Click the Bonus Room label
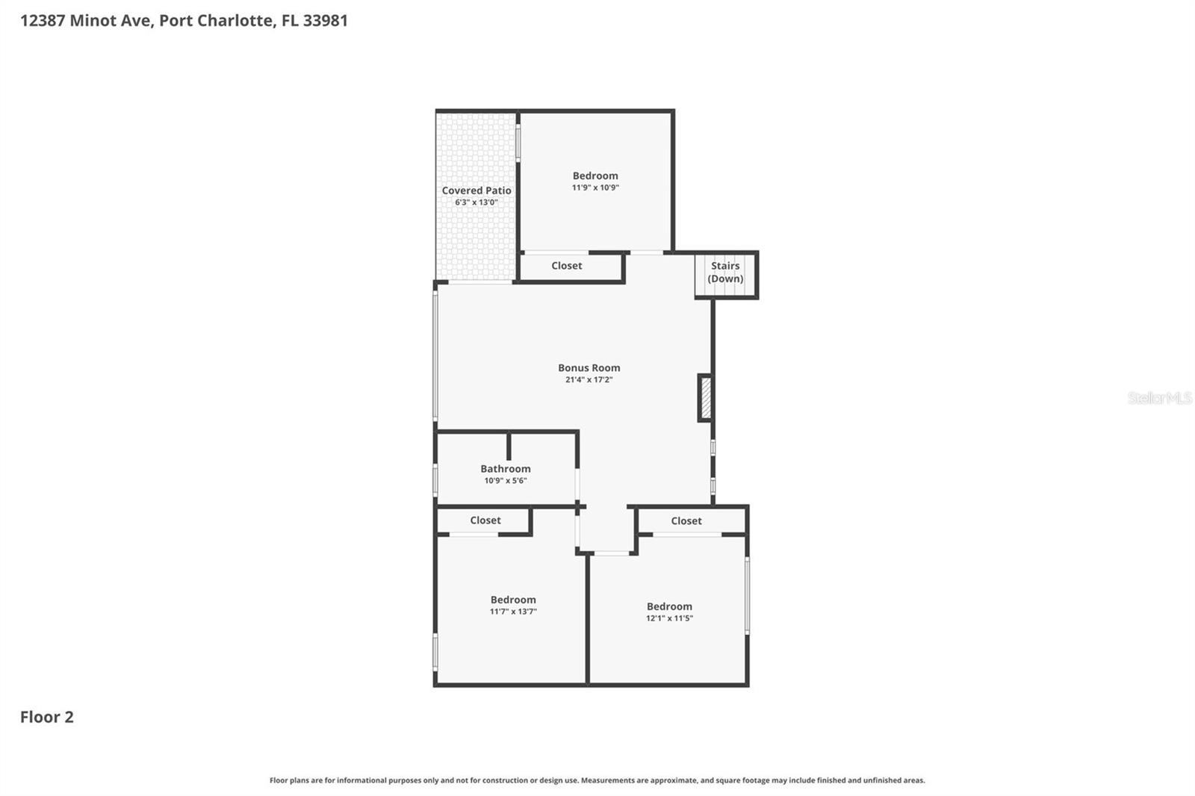coord(589,367)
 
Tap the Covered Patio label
coord(476,190)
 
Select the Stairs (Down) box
coord(725,273)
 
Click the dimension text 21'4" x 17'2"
coord(589,379)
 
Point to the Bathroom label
coord(505,469)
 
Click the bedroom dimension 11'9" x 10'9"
coord(595,187)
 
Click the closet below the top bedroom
coord(566,266)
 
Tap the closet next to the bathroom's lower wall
coord(485,520)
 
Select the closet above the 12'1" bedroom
coord(686,521)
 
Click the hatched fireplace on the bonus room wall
coord(705,398)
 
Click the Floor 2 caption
coord(46,717)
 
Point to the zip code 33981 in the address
coord(325,20)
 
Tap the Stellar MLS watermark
coord(1158,398)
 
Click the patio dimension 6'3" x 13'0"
coord(476,202)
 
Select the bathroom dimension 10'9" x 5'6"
coord(505,481)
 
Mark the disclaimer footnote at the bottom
coord(597,780)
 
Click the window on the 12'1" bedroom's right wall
coord(747,595)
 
